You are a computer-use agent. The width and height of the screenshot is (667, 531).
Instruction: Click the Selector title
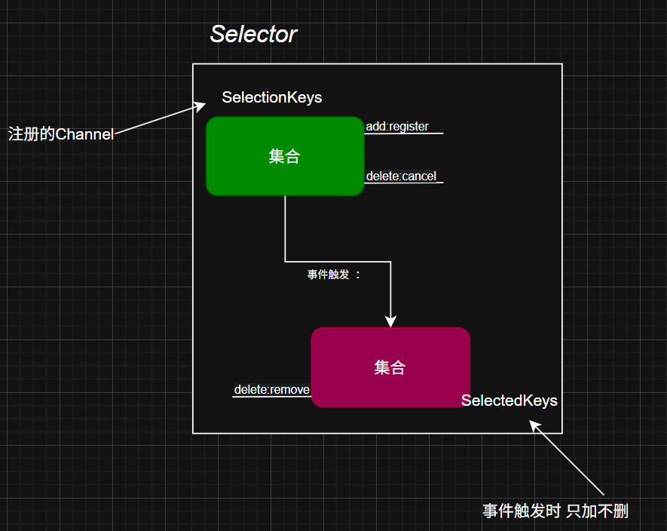point(253,34)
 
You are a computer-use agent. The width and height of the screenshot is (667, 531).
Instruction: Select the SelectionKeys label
point(271,97)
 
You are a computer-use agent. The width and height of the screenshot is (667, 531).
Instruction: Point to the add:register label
point(397,127)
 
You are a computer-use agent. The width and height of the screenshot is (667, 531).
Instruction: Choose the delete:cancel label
point(402,176)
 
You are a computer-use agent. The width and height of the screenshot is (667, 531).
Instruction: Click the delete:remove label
point(271,389)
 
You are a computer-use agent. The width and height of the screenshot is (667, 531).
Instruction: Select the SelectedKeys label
point(509,401)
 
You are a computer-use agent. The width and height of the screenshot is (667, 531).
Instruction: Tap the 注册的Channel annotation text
point(60,134)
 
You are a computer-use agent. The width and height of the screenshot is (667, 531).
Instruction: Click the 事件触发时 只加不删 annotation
point(555,511)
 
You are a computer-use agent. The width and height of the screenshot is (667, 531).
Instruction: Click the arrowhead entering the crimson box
point(390,321)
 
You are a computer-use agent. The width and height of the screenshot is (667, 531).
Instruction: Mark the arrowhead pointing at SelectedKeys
point(534,425)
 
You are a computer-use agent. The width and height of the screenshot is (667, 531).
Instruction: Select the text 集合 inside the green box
point(284,156)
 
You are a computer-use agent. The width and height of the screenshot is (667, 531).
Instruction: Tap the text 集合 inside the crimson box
point(390,367)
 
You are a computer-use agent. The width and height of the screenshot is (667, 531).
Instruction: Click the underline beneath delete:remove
point(271,397)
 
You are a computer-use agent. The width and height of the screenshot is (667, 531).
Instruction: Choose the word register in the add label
point(408,127)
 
